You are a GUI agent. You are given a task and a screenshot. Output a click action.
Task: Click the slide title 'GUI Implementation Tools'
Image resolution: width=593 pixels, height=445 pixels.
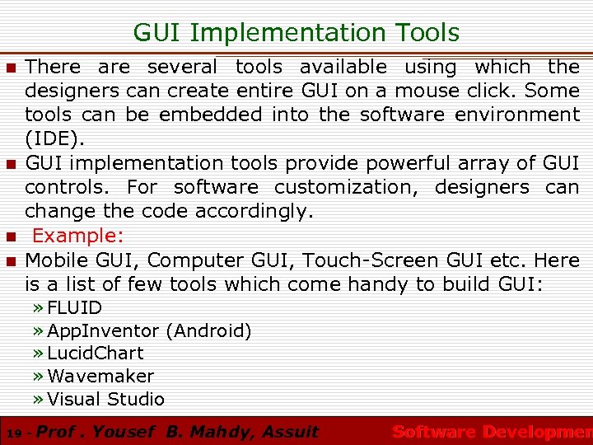(x=296, y=32)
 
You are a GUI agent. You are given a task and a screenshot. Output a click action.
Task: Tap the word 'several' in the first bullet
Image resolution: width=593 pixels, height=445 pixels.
(x=182, y=67)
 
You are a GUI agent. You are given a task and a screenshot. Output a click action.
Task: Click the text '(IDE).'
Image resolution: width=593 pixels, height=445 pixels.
(x=54, y=138)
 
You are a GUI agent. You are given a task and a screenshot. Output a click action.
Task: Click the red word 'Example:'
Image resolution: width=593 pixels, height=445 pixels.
(x=77, y=236)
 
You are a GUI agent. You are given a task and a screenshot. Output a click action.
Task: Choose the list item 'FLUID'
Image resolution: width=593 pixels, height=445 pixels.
(x=75, y=308)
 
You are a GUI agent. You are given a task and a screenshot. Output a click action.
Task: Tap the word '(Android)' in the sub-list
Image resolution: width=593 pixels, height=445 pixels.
(x=208, y=331)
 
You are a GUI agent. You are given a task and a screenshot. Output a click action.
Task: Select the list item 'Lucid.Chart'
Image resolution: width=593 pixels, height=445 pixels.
(x=96, y=354)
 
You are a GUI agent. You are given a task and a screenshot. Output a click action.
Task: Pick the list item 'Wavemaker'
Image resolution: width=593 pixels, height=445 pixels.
(x=100, y=377)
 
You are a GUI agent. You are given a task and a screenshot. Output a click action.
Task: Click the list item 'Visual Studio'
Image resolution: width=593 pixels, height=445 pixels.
(x=106, y=400)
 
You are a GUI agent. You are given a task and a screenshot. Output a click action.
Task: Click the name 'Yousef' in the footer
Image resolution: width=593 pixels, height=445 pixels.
(x=123, y=431)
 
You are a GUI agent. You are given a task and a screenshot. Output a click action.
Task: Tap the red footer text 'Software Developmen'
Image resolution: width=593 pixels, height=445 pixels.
(x=492, y=432)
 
